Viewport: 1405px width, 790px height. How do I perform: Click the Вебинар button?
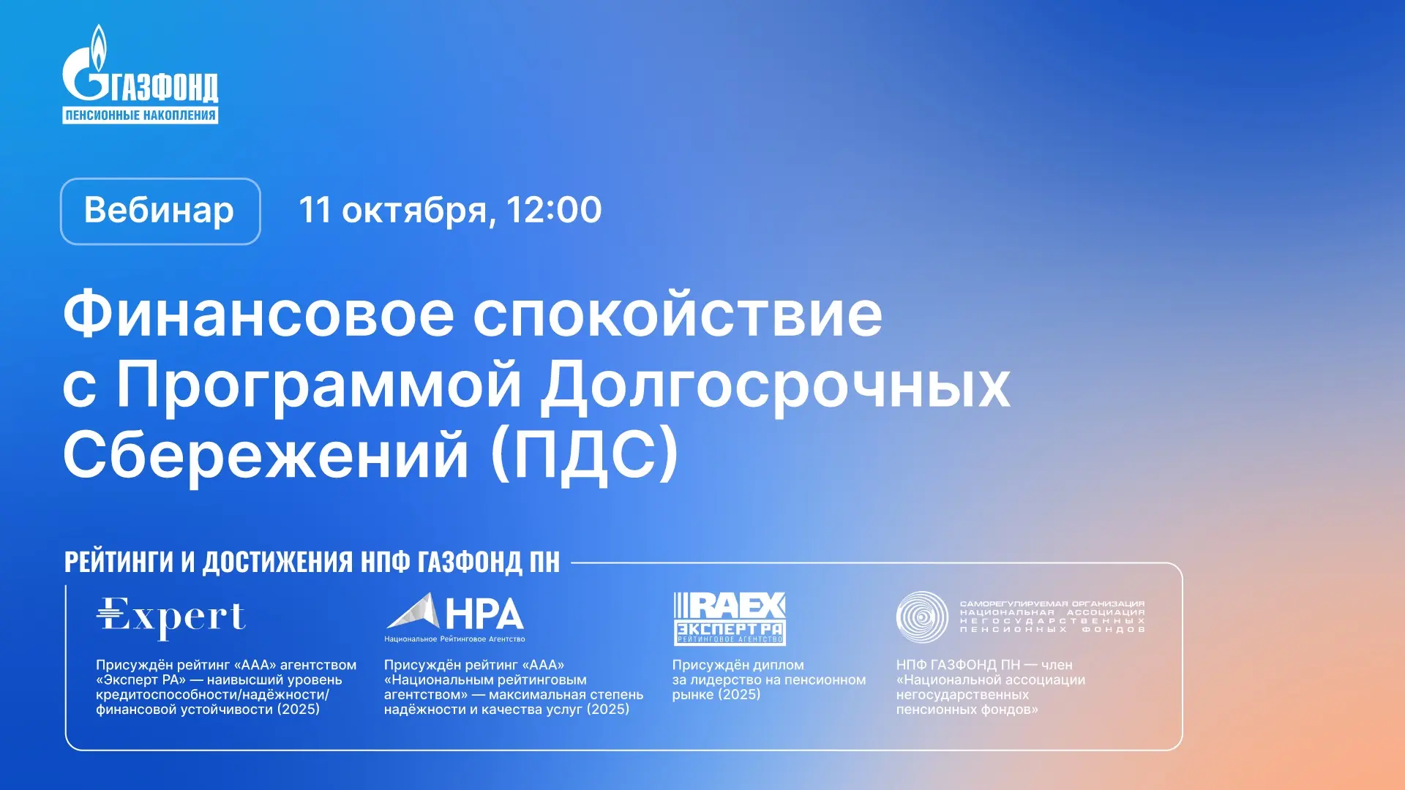pyautogui.click(x=160, y=211)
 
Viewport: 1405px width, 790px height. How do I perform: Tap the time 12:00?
pyautogui.click(x=553, y=210)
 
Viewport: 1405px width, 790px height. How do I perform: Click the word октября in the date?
pyautogui.click(x=415, y=211)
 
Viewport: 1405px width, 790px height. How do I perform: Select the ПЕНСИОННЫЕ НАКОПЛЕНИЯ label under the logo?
pyautogui.click(x=140, y=115)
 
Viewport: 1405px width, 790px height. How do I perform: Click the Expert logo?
pyautogui.click(x=171, y=617)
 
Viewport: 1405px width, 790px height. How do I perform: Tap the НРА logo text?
pyautogui.click(x=484, y=614)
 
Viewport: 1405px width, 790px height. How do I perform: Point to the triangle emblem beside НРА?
pyautogui.click(x=413, y=612)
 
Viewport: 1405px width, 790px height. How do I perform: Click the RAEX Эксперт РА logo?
pyautogui.click(x=730, y=619)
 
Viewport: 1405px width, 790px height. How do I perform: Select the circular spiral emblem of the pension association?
pyautogui.click(x=922, y=617)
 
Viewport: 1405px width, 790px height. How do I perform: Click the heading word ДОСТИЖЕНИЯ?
pyautogui.click(x=282, y=562)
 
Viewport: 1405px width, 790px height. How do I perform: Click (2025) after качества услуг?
pyautogui.click(x=607, y=710)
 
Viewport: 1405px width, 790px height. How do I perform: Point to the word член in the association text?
pyautogui.click(x=1057, y=665)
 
